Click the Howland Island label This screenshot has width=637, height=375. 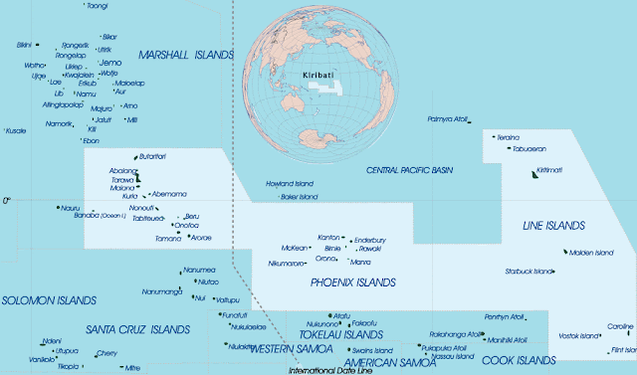click(x=290, y=184)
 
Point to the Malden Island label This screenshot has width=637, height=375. click(x=592, y=252)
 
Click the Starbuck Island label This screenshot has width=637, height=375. click(x=529, y=271)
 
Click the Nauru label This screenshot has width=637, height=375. click(x=69, y=208)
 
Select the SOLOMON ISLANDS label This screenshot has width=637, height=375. click(x=49, y=299)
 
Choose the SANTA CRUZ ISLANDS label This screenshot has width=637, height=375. click(x=137, y=329)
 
